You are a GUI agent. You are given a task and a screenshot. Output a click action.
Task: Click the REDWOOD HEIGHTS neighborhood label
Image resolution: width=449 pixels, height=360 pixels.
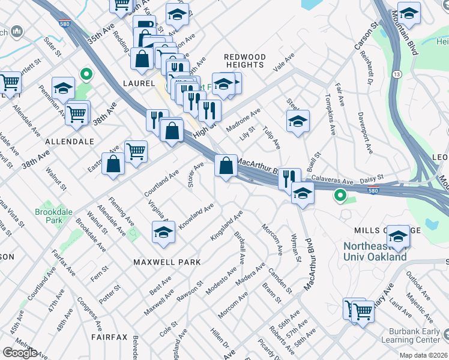point(244,61)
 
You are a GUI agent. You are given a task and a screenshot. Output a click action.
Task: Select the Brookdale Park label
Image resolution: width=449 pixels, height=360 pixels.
point(49,217)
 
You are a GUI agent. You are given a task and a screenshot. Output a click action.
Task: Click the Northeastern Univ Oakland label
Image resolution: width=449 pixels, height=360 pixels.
point(375,252)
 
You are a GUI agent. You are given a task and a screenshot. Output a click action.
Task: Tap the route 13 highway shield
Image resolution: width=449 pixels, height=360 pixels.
point(397,74)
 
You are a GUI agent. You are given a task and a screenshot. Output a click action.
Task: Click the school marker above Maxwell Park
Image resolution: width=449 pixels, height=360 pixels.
point(163,232)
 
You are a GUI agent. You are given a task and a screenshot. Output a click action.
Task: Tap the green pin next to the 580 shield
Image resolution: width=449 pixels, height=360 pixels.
point(340,195)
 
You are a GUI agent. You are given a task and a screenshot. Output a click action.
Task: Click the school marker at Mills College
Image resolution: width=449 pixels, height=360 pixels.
point(397,236)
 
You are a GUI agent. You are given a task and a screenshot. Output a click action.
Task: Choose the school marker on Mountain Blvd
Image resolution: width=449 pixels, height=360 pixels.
point(409,14)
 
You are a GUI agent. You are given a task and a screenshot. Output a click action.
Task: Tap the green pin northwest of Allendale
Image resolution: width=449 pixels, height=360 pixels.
point(86,74)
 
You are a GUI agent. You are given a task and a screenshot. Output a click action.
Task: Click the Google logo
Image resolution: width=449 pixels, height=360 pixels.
point(20,353)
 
